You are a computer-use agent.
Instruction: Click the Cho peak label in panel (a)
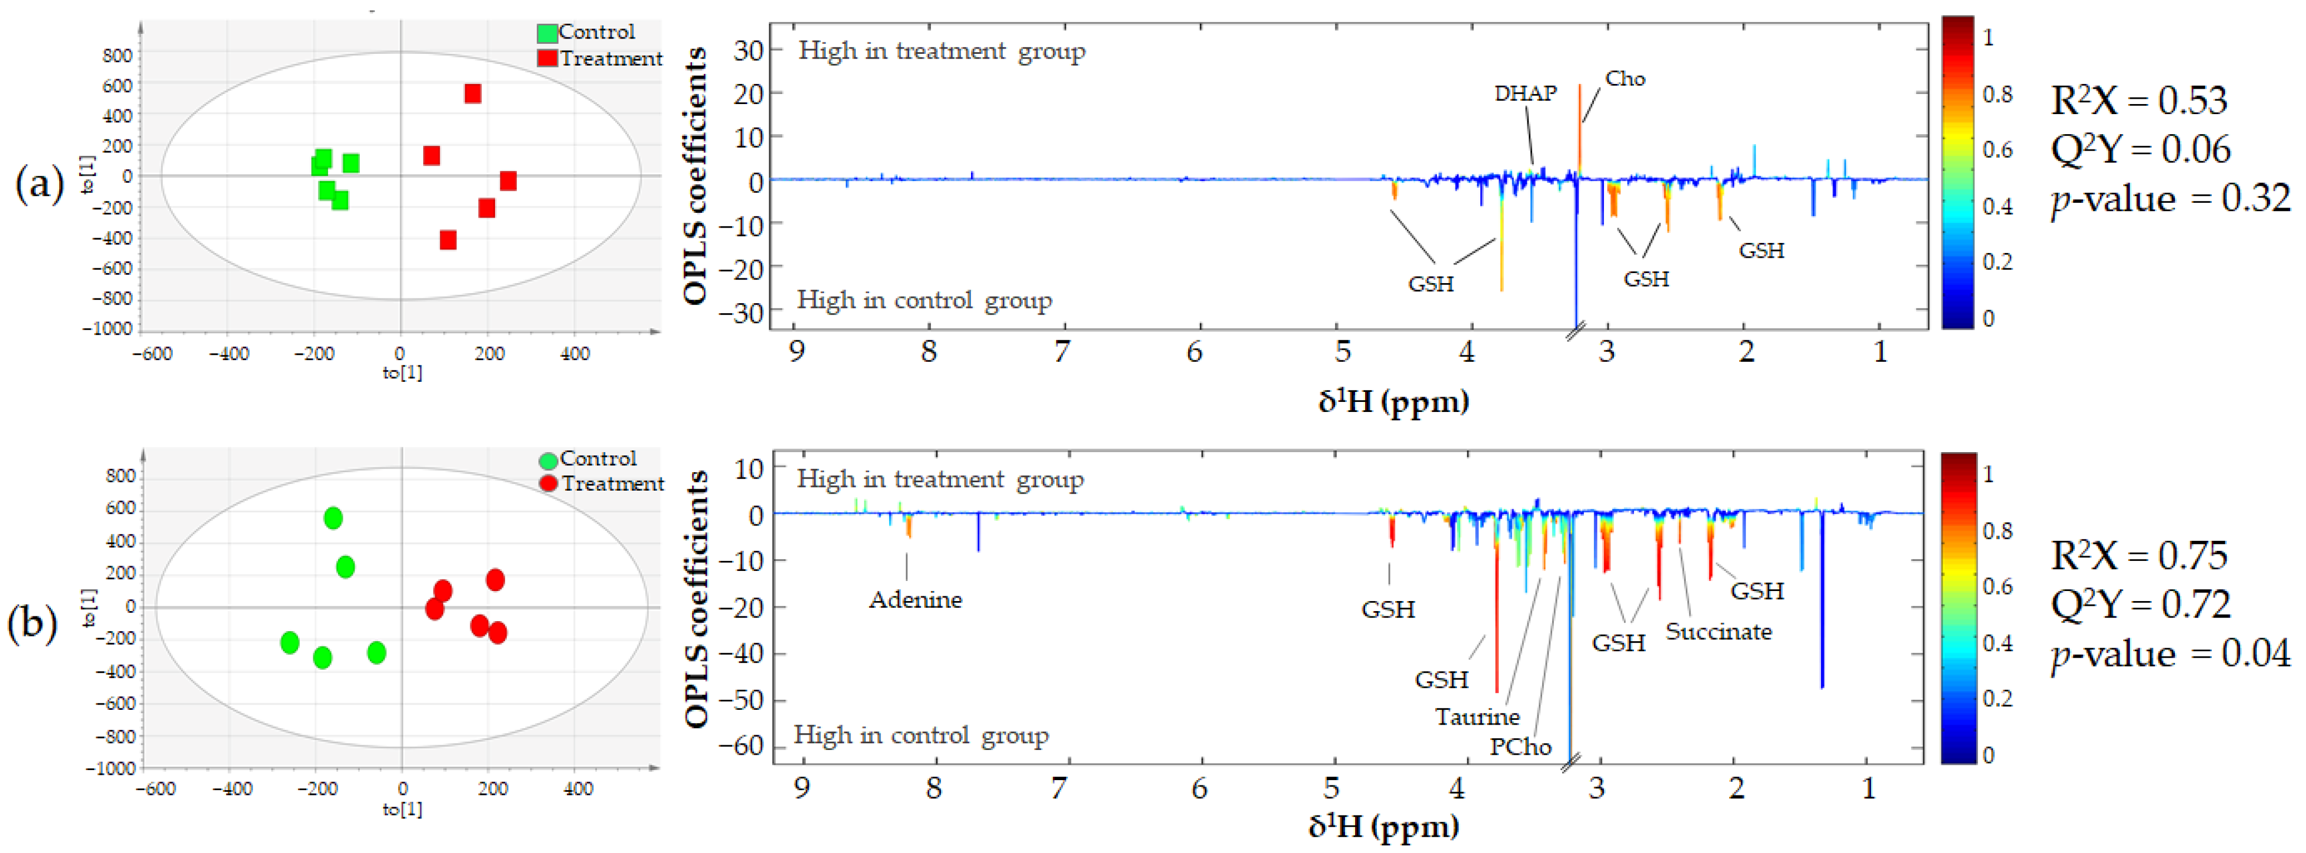1625,79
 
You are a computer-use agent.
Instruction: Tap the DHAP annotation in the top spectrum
1525,93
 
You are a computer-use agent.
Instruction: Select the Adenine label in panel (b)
915,599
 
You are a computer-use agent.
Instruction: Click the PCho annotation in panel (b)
1520,746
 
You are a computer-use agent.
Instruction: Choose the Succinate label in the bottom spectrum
1718,632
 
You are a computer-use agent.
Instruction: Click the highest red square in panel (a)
473,93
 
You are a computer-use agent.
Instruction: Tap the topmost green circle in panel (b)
333,518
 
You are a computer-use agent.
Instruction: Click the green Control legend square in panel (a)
547,33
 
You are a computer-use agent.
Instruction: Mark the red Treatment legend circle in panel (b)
548,483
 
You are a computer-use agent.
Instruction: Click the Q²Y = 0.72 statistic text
2140,606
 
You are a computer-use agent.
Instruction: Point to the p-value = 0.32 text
2170,199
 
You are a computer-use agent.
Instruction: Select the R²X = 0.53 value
2137,101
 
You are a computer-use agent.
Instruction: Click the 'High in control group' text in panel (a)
924,300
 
